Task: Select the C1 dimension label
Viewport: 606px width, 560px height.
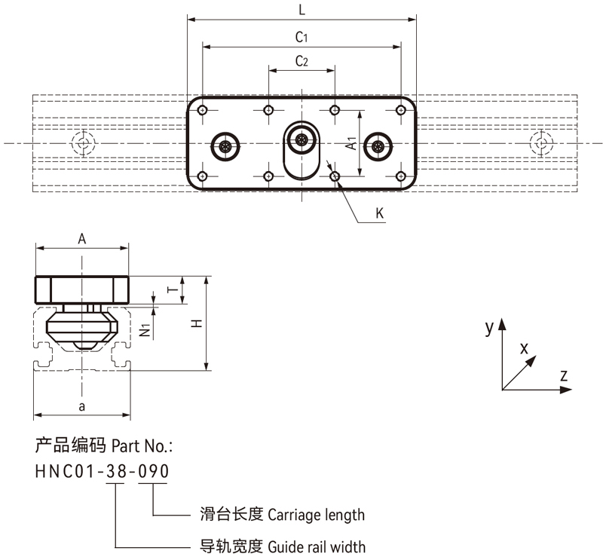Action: (x=301, y=36)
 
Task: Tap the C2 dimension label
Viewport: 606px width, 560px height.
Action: (x=301, y=61)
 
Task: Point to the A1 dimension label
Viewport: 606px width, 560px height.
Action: (x=351, y=143)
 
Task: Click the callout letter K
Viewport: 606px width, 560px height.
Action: (x=380, y=214)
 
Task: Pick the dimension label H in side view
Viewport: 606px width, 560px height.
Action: (x=196, y=323)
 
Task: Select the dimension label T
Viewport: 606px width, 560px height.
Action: (x=171, y=290)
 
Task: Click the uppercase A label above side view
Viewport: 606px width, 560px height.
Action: (x=82, y=238)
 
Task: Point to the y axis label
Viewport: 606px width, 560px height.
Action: (x=489, y=326)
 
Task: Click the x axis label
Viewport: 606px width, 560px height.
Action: (x=524, y=347)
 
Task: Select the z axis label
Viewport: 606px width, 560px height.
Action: (x=564, y=375)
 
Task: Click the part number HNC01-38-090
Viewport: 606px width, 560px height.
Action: (x=102, y=471)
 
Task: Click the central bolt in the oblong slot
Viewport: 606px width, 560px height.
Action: (x=302, y=139)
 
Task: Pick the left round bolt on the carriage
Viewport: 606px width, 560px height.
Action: (x=225, y=145)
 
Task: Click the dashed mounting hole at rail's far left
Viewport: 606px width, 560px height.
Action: (x=81, y=142)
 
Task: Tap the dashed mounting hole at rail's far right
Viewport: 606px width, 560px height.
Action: (x=540, y=142)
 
